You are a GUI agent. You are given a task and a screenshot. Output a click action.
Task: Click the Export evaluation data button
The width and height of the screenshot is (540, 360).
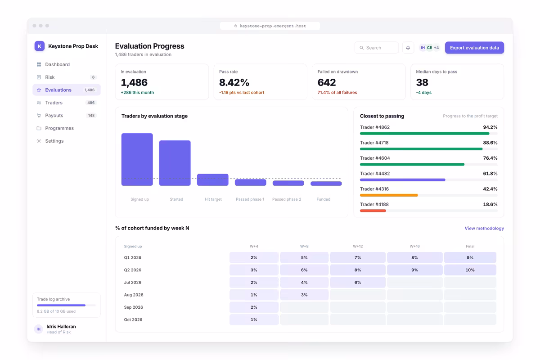(474, 48)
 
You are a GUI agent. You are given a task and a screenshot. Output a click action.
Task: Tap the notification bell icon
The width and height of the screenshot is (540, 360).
(408, 48)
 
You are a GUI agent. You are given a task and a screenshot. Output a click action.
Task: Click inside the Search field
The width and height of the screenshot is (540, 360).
(377, 48)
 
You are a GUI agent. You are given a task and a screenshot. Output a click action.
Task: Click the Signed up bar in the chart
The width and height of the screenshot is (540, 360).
(137, 159)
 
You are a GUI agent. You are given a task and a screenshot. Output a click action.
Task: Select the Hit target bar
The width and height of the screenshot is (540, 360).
(212, 180)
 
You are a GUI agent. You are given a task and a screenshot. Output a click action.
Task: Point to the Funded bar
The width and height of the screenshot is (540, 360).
(326, 184)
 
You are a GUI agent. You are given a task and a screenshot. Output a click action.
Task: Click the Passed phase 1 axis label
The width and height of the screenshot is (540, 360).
(250, 199)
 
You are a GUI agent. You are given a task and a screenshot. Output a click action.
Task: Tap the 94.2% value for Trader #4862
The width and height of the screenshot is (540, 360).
(490, 127)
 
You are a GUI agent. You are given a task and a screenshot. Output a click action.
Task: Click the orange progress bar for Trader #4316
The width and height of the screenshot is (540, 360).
(389, 195)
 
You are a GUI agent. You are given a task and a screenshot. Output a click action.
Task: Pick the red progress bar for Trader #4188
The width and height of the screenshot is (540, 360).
(373, 211)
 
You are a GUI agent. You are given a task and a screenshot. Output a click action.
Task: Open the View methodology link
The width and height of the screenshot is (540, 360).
(484, 228)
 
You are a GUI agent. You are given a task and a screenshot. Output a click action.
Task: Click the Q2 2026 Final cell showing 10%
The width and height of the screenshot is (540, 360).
(470, 270)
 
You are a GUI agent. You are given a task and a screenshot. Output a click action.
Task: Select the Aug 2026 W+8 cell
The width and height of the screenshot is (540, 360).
(304, 295)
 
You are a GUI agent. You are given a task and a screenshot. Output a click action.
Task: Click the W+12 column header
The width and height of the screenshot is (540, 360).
(358, 246)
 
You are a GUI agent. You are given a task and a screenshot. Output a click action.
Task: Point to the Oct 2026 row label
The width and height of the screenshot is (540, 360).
(133, 319)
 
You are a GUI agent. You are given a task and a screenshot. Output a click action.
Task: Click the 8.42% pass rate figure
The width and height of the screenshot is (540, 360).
(234, 82)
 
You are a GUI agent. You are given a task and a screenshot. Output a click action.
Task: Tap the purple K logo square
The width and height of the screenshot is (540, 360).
(40, 46)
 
